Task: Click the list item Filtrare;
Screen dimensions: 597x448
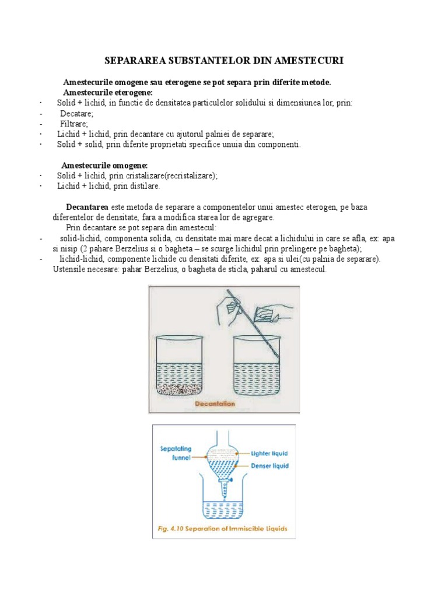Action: [74, 124]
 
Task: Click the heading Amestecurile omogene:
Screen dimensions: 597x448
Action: [104, 166]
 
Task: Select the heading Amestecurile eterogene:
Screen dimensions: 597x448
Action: [107, 93]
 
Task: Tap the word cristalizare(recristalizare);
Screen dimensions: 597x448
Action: [173, 176]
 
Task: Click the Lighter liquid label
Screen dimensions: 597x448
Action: [269, 453]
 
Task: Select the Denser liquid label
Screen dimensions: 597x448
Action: [269, 466]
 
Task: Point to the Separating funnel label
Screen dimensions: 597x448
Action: [174, 454]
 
